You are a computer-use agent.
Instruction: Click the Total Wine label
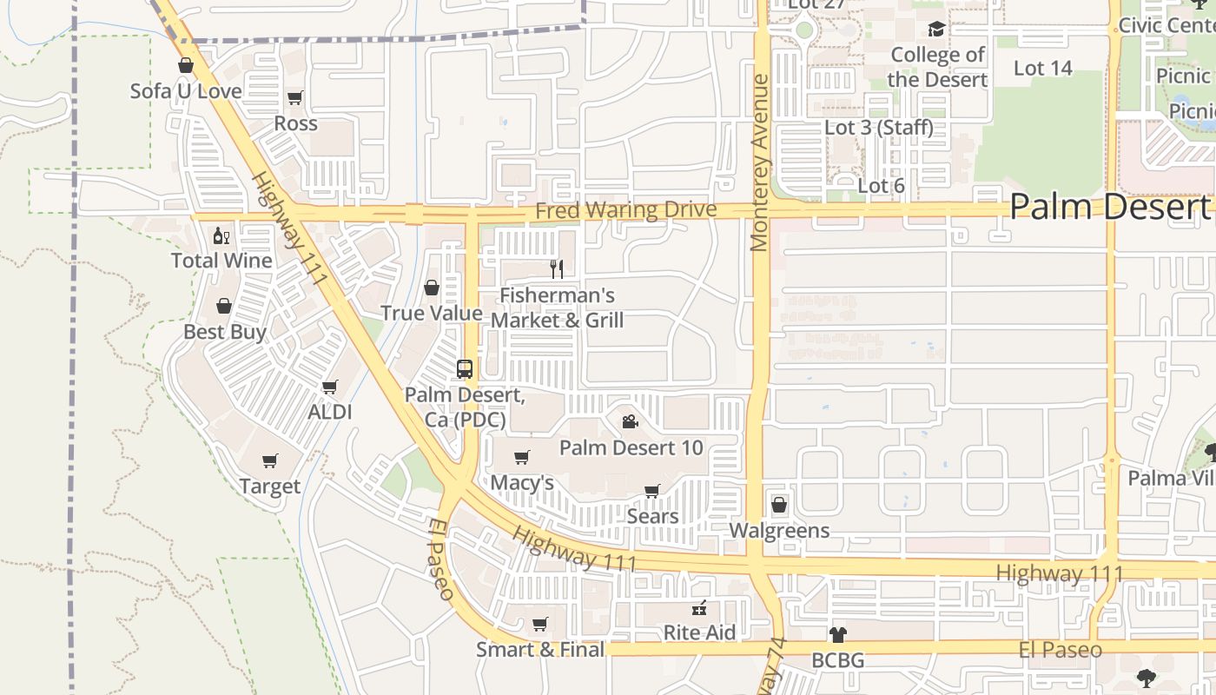221,261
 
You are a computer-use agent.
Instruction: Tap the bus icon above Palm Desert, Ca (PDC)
465,369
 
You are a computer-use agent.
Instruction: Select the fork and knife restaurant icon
557,269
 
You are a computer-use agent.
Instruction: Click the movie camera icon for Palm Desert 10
631,422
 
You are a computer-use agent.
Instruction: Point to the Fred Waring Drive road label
625,211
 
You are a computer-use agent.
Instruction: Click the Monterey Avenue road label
760,163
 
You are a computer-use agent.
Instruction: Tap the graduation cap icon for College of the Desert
935,30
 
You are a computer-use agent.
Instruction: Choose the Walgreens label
779,531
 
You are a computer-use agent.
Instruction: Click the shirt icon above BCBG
837,635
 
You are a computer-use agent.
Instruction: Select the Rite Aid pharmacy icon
698,609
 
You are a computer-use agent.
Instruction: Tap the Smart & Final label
540,649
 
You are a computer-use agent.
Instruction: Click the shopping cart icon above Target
270,460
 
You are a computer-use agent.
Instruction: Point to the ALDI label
330,412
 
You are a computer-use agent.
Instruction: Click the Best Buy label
225,332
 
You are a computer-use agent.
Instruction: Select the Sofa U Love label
186,90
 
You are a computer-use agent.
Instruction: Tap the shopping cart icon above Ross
295,98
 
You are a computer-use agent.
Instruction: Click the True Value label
432,314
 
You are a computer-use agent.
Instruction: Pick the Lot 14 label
1042,68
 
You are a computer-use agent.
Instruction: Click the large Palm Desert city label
1110,207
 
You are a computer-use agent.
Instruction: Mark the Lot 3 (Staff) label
878,128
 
